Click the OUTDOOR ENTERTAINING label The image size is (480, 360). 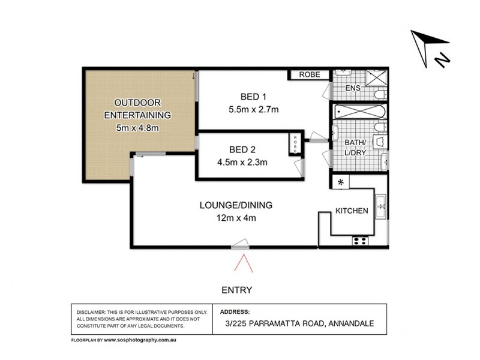137,108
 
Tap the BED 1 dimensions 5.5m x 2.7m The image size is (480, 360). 254,109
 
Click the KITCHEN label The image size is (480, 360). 352,211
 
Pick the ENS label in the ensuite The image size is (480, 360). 353,89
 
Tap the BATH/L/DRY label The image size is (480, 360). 356,147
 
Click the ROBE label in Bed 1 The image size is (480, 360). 310,75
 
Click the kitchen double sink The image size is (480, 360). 380,205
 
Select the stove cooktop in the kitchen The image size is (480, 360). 361,241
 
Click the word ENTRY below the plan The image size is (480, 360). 236,290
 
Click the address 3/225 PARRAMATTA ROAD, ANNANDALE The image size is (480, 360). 297,324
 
